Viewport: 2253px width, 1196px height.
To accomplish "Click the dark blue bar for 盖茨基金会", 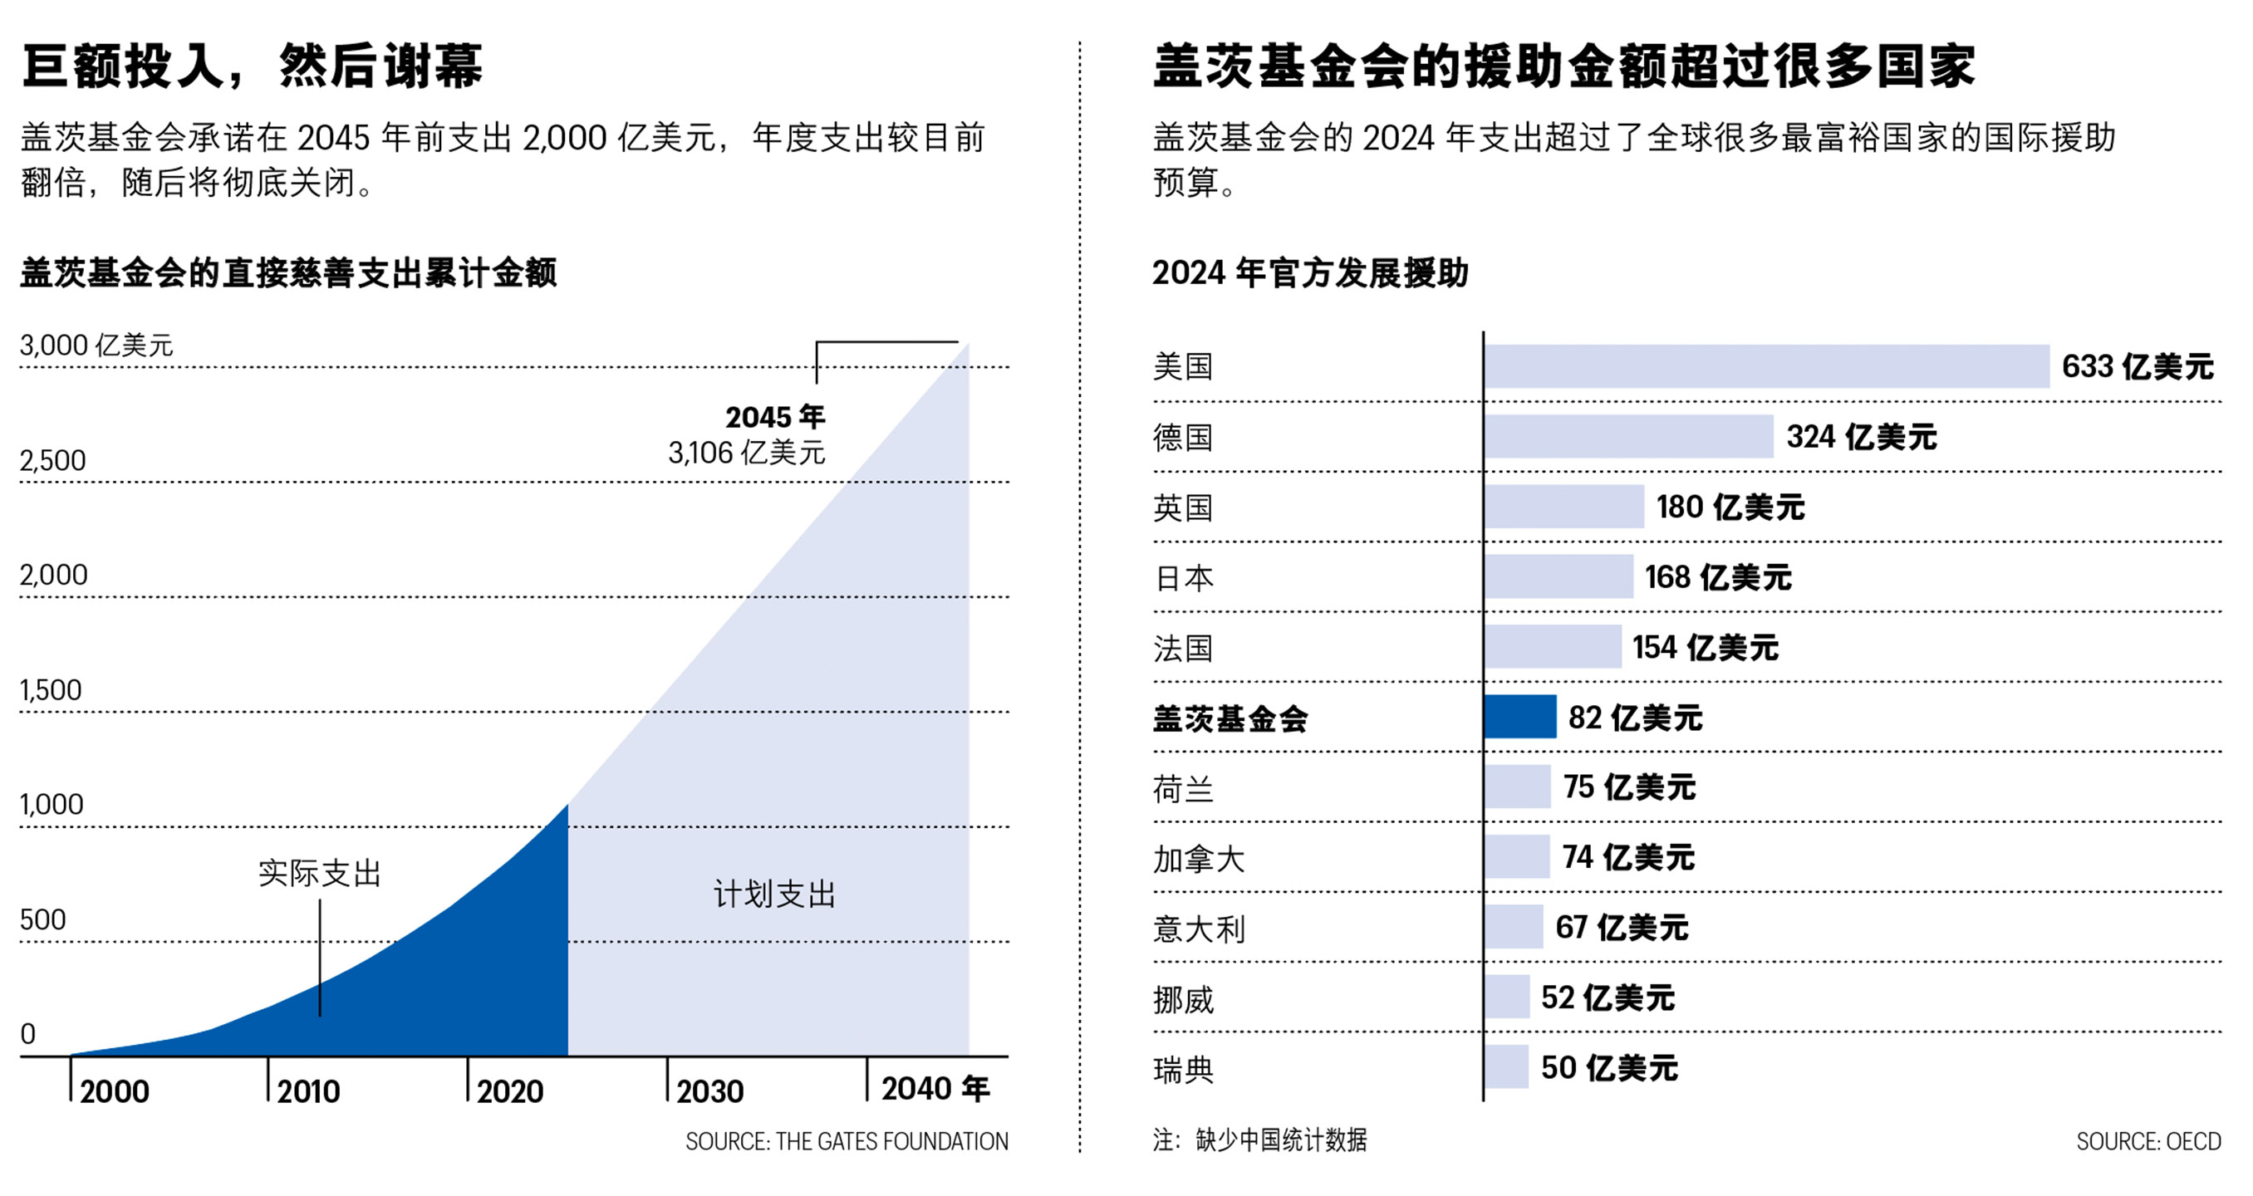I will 1520,716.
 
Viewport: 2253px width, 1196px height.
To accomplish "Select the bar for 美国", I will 1766,366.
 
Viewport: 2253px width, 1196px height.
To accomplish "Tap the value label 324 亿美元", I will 1861,436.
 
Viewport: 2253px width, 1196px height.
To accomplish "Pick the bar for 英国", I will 1563,506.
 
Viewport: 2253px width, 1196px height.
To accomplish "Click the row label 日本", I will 1183,578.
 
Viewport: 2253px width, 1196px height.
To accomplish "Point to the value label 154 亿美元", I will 1705,647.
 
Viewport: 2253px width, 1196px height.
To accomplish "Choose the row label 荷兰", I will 1183,788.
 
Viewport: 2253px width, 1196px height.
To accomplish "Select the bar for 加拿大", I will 1517,857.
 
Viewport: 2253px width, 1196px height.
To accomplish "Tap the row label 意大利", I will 1198,929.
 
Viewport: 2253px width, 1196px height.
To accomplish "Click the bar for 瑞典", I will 1506,1066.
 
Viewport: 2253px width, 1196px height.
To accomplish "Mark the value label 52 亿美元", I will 1608,997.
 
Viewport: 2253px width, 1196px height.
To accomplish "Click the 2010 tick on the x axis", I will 308,1091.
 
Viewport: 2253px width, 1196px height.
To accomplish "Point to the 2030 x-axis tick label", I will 709,1091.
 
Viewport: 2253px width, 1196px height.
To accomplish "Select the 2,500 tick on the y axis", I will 53,461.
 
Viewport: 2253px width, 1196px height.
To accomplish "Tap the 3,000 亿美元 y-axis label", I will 96,346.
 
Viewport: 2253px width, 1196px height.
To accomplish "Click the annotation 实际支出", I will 319,874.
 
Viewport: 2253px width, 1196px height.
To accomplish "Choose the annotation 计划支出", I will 774,895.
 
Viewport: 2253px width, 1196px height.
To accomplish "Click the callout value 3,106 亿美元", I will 746,453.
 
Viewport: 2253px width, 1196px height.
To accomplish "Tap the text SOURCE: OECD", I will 2148,1141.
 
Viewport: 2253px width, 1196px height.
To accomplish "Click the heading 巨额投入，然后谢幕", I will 252,66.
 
